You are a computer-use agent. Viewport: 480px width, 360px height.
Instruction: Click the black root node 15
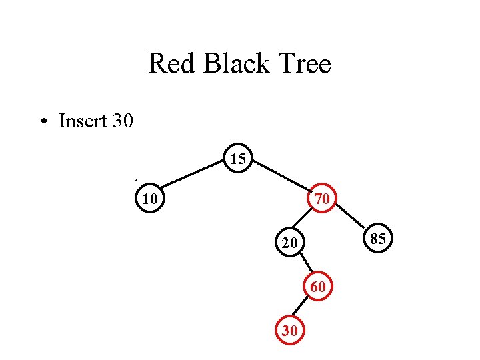point(238,159)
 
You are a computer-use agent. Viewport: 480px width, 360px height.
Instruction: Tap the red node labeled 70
point(322,198)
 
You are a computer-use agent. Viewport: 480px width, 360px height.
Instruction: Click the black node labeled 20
point(289,243)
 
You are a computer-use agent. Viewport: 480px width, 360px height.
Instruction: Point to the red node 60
point(317,287)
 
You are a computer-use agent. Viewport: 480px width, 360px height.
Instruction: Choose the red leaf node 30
point(289,330)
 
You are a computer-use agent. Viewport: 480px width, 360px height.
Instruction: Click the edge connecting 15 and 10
point(193,178)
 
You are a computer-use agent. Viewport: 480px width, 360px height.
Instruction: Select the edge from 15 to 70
point(281,177)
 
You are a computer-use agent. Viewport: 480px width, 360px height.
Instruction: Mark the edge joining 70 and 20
point(306,220)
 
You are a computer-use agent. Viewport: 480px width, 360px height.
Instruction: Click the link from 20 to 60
point(303,265)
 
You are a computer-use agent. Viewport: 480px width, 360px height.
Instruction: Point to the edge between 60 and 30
point(303,308)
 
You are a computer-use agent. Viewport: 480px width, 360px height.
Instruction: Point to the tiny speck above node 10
point(135,180)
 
